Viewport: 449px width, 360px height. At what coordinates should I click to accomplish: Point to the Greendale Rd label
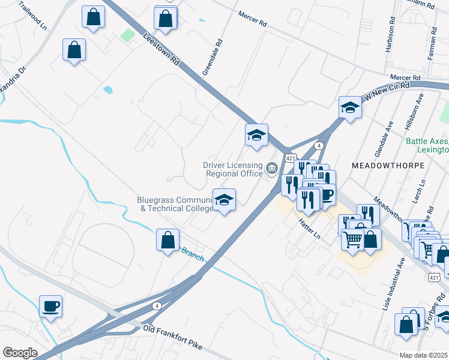[212, 58]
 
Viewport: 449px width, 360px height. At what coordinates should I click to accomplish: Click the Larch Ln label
[422, 190]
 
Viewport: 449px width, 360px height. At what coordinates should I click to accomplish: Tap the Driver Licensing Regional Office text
[233, 169]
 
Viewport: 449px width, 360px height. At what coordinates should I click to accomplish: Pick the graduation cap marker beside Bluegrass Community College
[224, 200]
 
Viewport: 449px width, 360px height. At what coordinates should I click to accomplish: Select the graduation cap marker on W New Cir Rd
[350, 108]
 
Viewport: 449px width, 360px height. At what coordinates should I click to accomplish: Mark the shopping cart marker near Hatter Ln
[352, 239]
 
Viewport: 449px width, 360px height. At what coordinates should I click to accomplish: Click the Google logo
[20, 352]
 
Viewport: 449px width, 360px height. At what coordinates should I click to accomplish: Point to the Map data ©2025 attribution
[424, 355]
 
